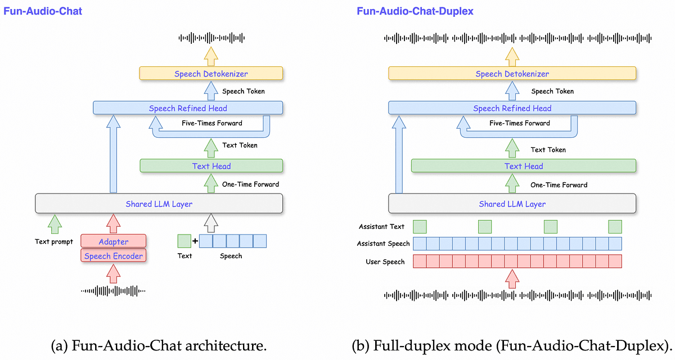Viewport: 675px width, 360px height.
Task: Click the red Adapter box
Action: tap(114, 241)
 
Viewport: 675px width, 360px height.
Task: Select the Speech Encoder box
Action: tap(114, 256)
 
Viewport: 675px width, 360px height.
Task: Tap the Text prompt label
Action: tap(54, 241)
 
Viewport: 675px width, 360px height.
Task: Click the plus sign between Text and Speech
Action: tap(195, 241)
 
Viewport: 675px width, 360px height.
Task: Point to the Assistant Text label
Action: tap(381, 227)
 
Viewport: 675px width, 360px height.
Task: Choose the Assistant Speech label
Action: tap(383, 244)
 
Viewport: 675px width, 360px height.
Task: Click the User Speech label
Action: tap(385, 262)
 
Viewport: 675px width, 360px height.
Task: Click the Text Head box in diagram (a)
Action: tap(211, 166)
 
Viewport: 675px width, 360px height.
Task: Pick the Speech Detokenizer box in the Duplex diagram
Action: tap(512, 74)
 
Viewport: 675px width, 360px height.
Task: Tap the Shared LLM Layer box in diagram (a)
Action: tap(159, 204)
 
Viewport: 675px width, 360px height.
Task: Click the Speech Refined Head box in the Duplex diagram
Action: tap(512, 109)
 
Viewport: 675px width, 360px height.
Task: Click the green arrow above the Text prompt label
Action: tap(55, 223)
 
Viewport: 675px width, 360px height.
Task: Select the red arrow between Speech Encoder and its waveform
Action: tap(114, 273)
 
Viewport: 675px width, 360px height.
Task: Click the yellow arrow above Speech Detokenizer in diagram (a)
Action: tap(211, 56)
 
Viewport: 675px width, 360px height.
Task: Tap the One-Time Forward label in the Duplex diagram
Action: tap(559, 184)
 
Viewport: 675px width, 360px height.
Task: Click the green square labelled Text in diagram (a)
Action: tap(184, 241)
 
